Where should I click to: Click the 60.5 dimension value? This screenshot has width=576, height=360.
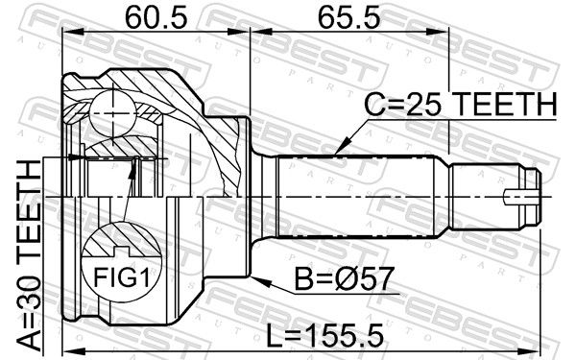pos(156,18)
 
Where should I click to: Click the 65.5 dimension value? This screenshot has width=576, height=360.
pos(348,18)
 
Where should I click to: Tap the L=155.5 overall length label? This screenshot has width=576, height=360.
pos(324,335)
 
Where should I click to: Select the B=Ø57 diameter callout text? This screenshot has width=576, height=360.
pos(345,278)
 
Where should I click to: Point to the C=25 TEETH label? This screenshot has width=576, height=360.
pos(461,104)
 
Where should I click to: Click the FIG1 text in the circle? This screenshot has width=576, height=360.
pos(122,277)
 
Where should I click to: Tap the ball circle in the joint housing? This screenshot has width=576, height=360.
pos(112,114)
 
